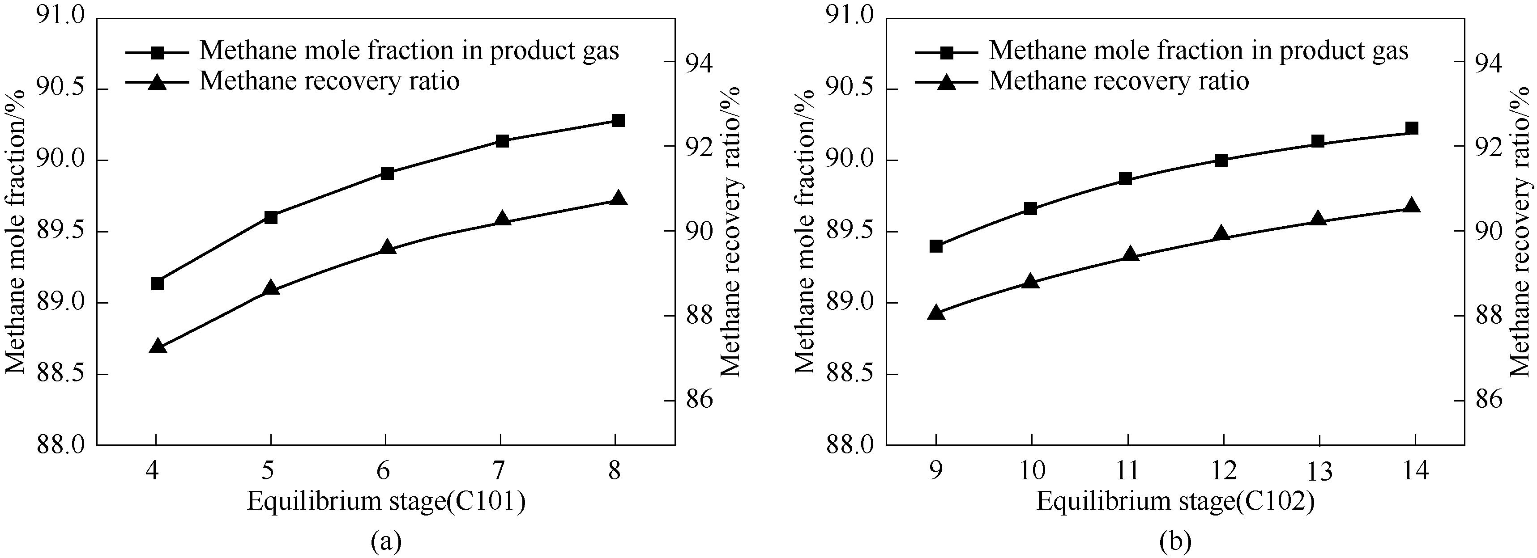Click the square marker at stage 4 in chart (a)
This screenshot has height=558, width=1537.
(158, 283)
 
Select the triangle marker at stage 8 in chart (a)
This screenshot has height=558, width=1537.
(618, 199)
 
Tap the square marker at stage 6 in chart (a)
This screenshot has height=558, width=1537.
(387, 173)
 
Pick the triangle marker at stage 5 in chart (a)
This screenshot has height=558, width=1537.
(271, 288)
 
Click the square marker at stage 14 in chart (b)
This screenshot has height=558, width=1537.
(1412, 128)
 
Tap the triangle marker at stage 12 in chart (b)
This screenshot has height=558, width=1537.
(1221, 234)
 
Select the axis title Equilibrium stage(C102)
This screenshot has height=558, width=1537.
(1175, 502)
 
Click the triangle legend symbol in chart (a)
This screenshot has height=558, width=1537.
(158, 82)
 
